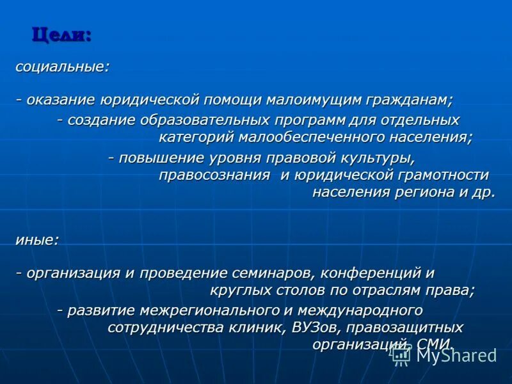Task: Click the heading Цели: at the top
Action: coord(61,35)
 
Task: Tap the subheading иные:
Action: coord(37,240)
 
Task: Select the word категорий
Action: coord(196,137)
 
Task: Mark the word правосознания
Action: coord(214,175)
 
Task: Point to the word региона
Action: coord(417,193)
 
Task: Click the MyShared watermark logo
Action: coord(445,355)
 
